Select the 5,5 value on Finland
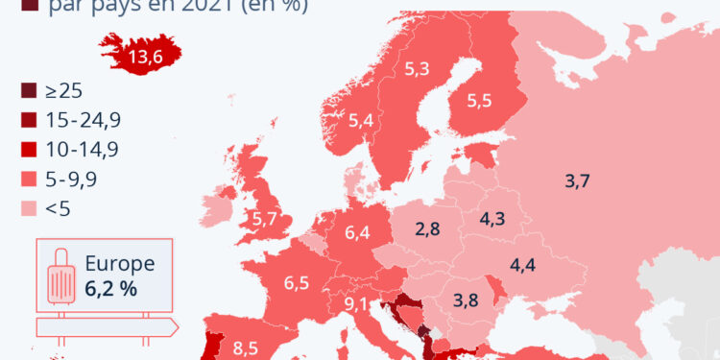(479, 100)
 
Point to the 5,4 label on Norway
(361, 121)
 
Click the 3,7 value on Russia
(577, 180)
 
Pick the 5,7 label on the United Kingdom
(265, 219)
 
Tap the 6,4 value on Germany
(358, 231)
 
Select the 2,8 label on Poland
(428, 228)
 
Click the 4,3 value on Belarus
(492, 218)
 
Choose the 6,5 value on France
(297, 283)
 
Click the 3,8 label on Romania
(466, 299)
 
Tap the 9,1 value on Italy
(357, 305)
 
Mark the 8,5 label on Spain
(246, 348)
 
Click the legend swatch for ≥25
(29, 91)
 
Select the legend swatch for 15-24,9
(29, 120)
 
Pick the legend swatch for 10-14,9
(29, 149)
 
